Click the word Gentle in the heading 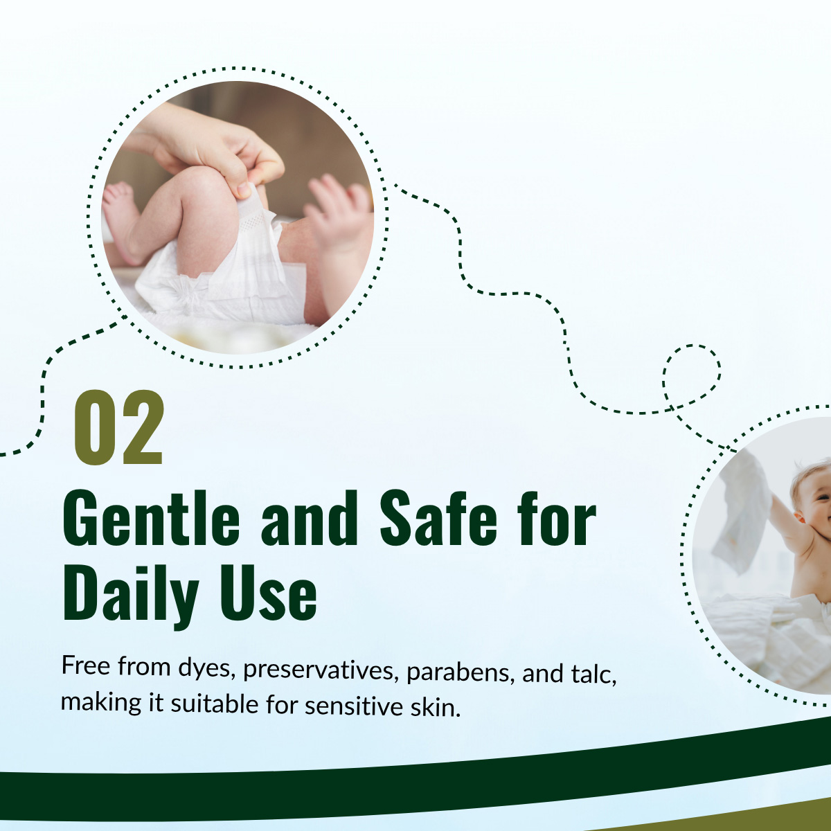[x=151, y=519]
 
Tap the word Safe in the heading [x=438, y=519]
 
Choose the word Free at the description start [x=86, y=665]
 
